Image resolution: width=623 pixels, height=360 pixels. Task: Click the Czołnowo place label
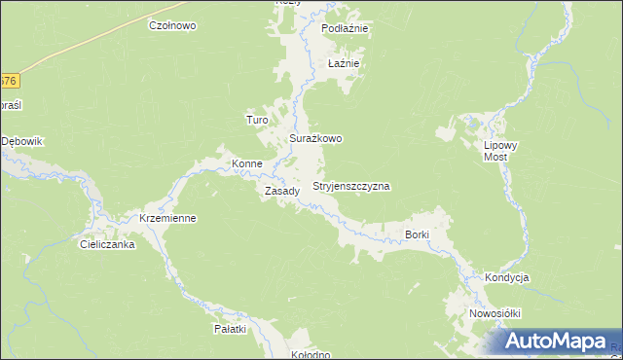coord(172,25)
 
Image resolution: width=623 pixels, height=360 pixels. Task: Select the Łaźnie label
coord(345,63)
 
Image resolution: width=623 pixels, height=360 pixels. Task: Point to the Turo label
coord(257,120)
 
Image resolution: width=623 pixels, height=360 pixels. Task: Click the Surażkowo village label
coord(315,139)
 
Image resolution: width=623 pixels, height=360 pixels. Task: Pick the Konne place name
coord(246,163)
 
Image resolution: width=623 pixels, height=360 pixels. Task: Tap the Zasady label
coord(282,191)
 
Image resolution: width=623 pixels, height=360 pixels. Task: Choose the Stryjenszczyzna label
coord(351,185)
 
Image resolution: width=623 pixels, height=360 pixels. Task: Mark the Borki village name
coord(417,234)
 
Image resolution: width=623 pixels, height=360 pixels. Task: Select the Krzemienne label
coord(168,218)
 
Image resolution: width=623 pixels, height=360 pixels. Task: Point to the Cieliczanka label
coord(107,245)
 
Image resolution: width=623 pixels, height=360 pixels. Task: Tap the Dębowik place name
coord(22,141)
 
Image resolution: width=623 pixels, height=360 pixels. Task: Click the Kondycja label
coord(506,277)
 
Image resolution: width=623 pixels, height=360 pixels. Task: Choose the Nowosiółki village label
coord(495,313)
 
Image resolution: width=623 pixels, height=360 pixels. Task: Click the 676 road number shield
coord(9,81)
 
